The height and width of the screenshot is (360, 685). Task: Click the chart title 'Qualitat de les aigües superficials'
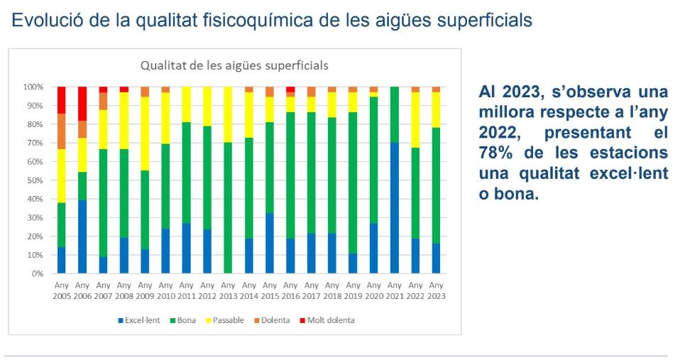tap(234, 65)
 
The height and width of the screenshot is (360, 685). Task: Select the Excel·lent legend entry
tap(141, 320)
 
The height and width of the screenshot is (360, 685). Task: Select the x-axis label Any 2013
tap(229, 290)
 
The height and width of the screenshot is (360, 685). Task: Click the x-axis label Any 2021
tap(395, 290)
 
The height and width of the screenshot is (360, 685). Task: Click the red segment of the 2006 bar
tap(82, 103)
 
